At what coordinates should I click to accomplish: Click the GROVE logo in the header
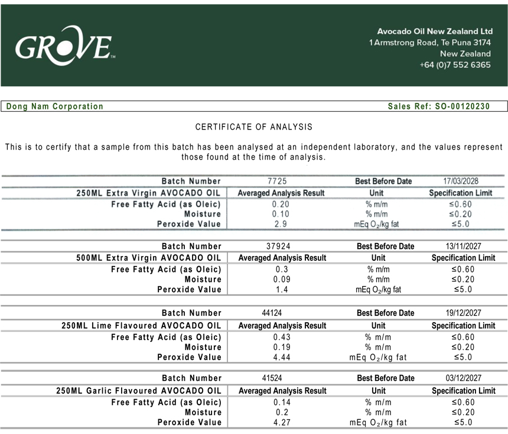pyautogui.click(x=64, y=45)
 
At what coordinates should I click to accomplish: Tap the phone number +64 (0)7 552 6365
pyautogui.click(x=455, y=65)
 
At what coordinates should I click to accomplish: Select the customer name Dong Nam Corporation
pyautogui.click(x=55, y=106)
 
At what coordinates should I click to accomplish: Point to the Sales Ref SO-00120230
pyautogui.click(x=439, y=106)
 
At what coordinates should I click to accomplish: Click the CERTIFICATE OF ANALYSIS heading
pyautogui.click(x=254, y=127)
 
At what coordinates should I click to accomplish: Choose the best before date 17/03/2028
pyautogui.click(x=461, y=181)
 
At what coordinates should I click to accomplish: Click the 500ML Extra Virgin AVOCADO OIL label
pyautogui.click(x=149, y=258)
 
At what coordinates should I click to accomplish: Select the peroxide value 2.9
pyautogui.click(x=281, y=224)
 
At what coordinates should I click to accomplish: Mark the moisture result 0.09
pyautogui.click(x=282, y=279)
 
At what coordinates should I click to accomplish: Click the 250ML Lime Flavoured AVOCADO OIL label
pyautogui.click(x=142, y=326)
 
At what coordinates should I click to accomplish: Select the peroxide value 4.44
pyautogui.click(x=282, y=357)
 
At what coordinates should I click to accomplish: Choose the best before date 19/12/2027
pyautogui.click(x=463, y=313)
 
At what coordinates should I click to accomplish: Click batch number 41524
pyautogui.click(x=274, y=378)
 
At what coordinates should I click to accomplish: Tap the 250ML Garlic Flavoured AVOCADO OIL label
pyautogui.click(x=139, y=391)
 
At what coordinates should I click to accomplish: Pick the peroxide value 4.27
pyautogui.click(x=282, y=422)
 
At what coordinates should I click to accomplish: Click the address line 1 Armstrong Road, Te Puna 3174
pyautogui.click(x=430, y=43)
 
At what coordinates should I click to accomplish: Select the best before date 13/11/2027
pyautogui.click(x=463, y=246)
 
